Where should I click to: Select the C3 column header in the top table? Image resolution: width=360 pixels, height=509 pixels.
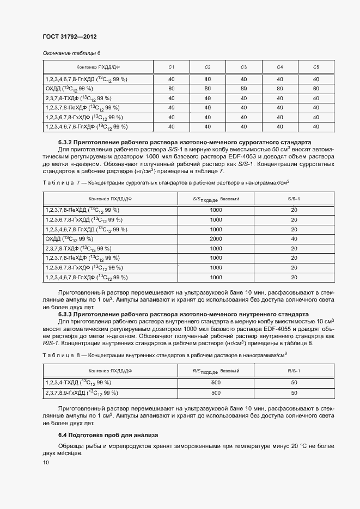pyautogui.click(x=243, y=67)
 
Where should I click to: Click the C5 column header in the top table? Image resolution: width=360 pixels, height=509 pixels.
pyautogui.click(x=315, y=67)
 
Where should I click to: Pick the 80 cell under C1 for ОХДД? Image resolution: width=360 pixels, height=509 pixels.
pyautogui.click(x=172, y=88)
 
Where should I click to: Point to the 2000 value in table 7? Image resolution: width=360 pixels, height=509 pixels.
pyautogui.click(x=216, y=238)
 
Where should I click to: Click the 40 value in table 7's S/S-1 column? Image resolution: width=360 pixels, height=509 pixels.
pyautogui.click(x=294, y=238)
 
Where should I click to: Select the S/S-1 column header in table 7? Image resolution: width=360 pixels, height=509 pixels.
pyautogui.click(x=294, y=199)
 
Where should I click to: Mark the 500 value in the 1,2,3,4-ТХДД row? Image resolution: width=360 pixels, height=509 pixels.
pyautogui.click(x=216, y=383)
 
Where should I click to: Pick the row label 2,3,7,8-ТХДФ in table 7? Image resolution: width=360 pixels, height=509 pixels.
pyautogui.click(x=77, y=248)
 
